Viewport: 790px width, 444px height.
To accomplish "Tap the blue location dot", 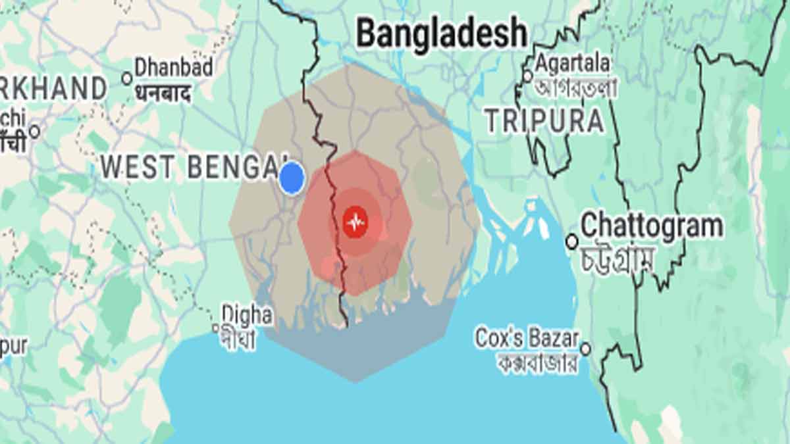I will (x=292, y=178).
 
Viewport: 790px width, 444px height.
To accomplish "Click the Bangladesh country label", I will (x=442, y=33).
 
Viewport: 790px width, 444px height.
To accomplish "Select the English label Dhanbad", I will (x=174, y=68).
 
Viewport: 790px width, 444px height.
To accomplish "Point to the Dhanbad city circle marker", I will (x=127, y=78).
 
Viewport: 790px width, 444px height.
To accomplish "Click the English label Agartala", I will (x=572, y=64).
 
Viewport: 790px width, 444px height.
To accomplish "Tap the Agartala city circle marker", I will (x=527, y=76).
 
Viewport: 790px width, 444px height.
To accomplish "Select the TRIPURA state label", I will (x=544, y=121).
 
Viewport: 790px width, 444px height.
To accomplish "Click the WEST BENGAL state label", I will (x=194, y=167).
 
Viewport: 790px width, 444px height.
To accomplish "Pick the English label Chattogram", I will (x=652, y=226).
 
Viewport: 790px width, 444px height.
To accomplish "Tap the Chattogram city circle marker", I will (x=572, y=242).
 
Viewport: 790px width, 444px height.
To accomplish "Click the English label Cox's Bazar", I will (x=527, y=339).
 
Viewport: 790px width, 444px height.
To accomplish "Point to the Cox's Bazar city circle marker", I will (x=585, y=349).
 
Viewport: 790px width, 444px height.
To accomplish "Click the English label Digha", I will (x=247, y=314).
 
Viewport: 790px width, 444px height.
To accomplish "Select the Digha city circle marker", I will (x=215, y=328).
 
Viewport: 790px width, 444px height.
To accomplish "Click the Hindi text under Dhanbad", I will (x=163, y=93).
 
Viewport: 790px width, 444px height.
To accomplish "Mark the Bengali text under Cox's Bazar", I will (x=537, y=362).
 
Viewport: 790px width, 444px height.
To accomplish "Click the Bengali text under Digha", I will (x=239, y=340).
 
